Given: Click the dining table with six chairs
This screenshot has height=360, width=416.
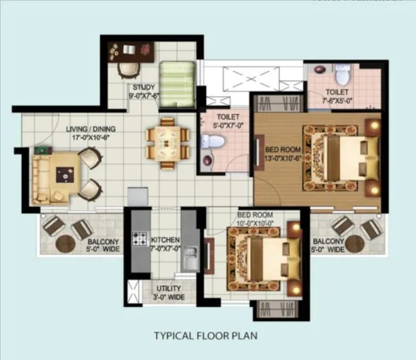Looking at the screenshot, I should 167,142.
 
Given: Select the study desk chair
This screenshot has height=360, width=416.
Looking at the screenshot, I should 127,69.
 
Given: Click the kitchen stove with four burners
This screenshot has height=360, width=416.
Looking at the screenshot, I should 140,240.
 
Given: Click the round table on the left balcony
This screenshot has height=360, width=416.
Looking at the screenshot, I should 66,243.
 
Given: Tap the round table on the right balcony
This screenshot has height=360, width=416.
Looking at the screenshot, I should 356,243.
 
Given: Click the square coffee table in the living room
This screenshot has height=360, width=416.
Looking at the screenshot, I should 67,176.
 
